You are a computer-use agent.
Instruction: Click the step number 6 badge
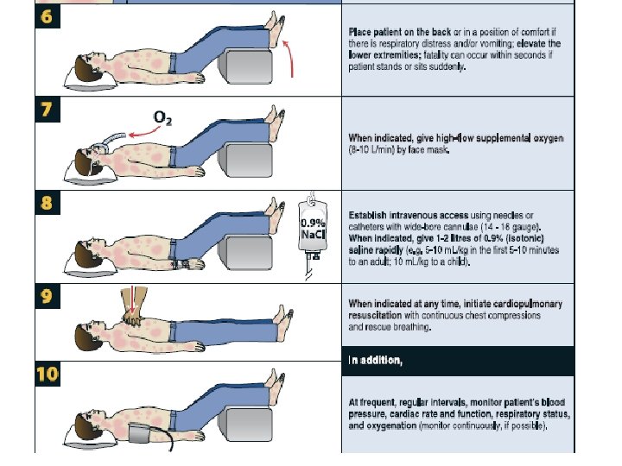coord(48,16)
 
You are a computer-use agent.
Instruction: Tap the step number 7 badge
coord(48,110)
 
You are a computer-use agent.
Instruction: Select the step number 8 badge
coord(48,203)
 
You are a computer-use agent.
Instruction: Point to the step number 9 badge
coord(48,296)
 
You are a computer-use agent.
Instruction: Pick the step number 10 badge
coord(48,374)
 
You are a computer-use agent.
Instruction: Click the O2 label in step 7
coord(162,118)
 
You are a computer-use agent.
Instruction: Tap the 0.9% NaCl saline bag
coord(313,228)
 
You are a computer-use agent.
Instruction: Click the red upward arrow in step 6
coord(289,58)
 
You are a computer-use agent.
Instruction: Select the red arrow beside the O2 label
coord(145,132)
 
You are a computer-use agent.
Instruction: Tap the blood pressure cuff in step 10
coord(139,433)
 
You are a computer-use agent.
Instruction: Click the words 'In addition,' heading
coord(375,360)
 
